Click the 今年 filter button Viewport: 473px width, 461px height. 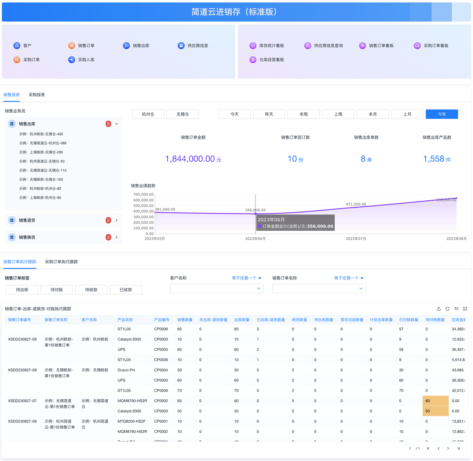pos(441,114)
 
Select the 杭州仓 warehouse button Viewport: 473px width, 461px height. pos(148,114)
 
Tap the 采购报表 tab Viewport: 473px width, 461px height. pos(37,95)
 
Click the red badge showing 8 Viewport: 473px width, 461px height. pos(108,124)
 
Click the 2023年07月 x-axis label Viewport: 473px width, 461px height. pos(356,239)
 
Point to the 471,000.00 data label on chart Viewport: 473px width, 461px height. pos(356,204)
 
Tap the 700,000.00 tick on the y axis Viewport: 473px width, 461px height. pos(143,194)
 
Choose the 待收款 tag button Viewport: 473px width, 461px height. pos(91,290)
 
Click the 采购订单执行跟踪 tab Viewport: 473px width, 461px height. pos(61,262)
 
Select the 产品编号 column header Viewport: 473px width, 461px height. pos(162,320)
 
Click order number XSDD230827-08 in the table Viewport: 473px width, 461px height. pos(22,370)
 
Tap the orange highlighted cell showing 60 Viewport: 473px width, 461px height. pos(435,401)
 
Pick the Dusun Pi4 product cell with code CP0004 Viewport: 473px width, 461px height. pos(126,370)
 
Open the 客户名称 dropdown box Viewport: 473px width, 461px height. pos(216,289)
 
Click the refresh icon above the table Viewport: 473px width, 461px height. pos(447,309)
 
